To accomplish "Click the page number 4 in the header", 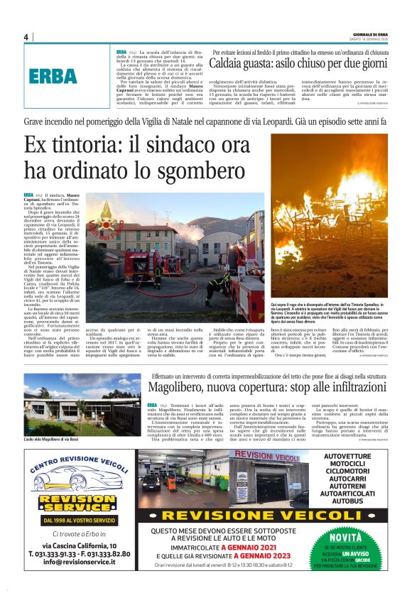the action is (x=26, y=37).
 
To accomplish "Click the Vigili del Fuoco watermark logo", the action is (x=106, y=215).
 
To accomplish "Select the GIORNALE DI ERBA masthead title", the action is (x=370, y=34).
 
